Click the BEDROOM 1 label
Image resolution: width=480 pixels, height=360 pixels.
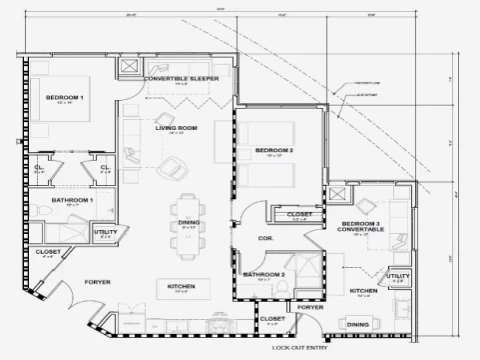(64, 97)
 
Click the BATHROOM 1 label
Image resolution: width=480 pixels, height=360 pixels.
(72, 200)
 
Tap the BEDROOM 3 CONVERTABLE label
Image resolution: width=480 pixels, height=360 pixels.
(362, 226)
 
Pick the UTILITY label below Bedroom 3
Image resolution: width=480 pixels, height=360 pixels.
(398, 275)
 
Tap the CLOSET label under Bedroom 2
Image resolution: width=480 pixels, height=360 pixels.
(299, 214)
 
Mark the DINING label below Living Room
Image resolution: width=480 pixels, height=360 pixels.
(189, 222)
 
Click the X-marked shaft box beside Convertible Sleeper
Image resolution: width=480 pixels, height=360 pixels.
(129, 67)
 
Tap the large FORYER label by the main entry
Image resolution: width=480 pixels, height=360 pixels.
(97, 282)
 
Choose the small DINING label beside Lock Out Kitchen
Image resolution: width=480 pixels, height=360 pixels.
(357, 323)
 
